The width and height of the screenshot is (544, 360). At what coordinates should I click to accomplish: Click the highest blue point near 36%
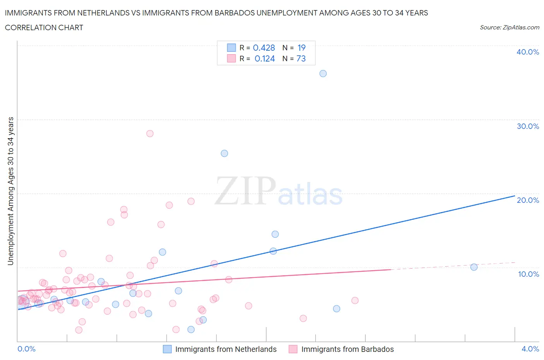(323, 74)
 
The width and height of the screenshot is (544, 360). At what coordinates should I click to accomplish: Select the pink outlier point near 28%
(150, 134)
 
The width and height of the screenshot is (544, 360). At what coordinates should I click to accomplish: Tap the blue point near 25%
(224, 153)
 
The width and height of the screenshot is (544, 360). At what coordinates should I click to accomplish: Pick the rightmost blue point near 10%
(474, 267)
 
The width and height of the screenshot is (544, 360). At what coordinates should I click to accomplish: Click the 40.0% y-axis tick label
(528, 52)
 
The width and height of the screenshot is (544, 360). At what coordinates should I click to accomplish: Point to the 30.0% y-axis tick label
(528, 126)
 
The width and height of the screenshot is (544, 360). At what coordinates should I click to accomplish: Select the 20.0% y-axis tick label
(528, 200)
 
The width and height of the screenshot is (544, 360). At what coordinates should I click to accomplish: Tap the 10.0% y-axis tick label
(528, 274)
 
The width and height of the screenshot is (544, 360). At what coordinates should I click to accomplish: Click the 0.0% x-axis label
(27, 349)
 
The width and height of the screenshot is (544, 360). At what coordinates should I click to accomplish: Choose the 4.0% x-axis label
(530, 349)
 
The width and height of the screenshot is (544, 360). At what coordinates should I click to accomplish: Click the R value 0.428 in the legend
(264, 48)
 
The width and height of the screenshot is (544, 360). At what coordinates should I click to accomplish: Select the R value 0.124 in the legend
(265, 58)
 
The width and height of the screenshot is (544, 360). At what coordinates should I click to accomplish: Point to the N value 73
(301, 58)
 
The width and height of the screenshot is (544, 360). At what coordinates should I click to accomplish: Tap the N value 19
(301, 48)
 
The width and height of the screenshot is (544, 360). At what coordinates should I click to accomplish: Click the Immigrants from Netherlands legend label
(226, 349)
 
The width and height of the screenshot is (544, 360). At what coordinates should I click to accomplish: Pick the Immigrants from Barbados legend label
(347, 349)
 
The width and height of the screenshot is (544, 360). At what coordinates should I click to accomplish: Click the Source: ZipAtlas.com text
(509, 27)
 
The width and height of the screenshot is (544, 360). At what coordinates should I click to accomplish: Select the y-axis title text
(10, 191)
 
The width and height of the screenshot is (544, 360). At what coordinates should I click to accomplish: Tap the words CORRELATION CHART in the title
(44, 27)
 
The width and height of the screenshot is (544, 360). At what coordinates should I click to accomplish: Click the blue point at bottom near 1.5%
(191, 329)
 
